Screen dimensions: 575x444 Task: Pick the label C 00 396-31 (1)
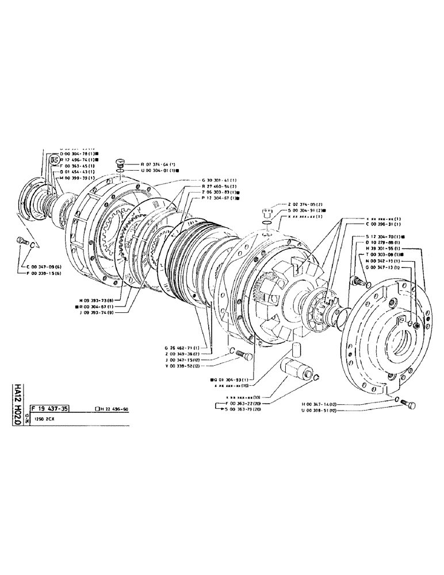pyautogui.click(x=385, y=225)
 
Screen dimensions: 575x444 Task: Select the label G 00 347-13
pyautogui.click(x=384, y=267)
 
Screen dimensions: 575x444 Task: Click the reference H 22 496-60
pyautogui.click(x=113, y=409)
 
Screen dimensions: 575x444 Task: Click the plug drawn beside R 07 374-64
pyautogui.click(x=120, y=163)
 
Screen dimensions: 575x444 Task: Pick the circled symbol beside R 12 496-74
pyautogui.click(x=55, y=159)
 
